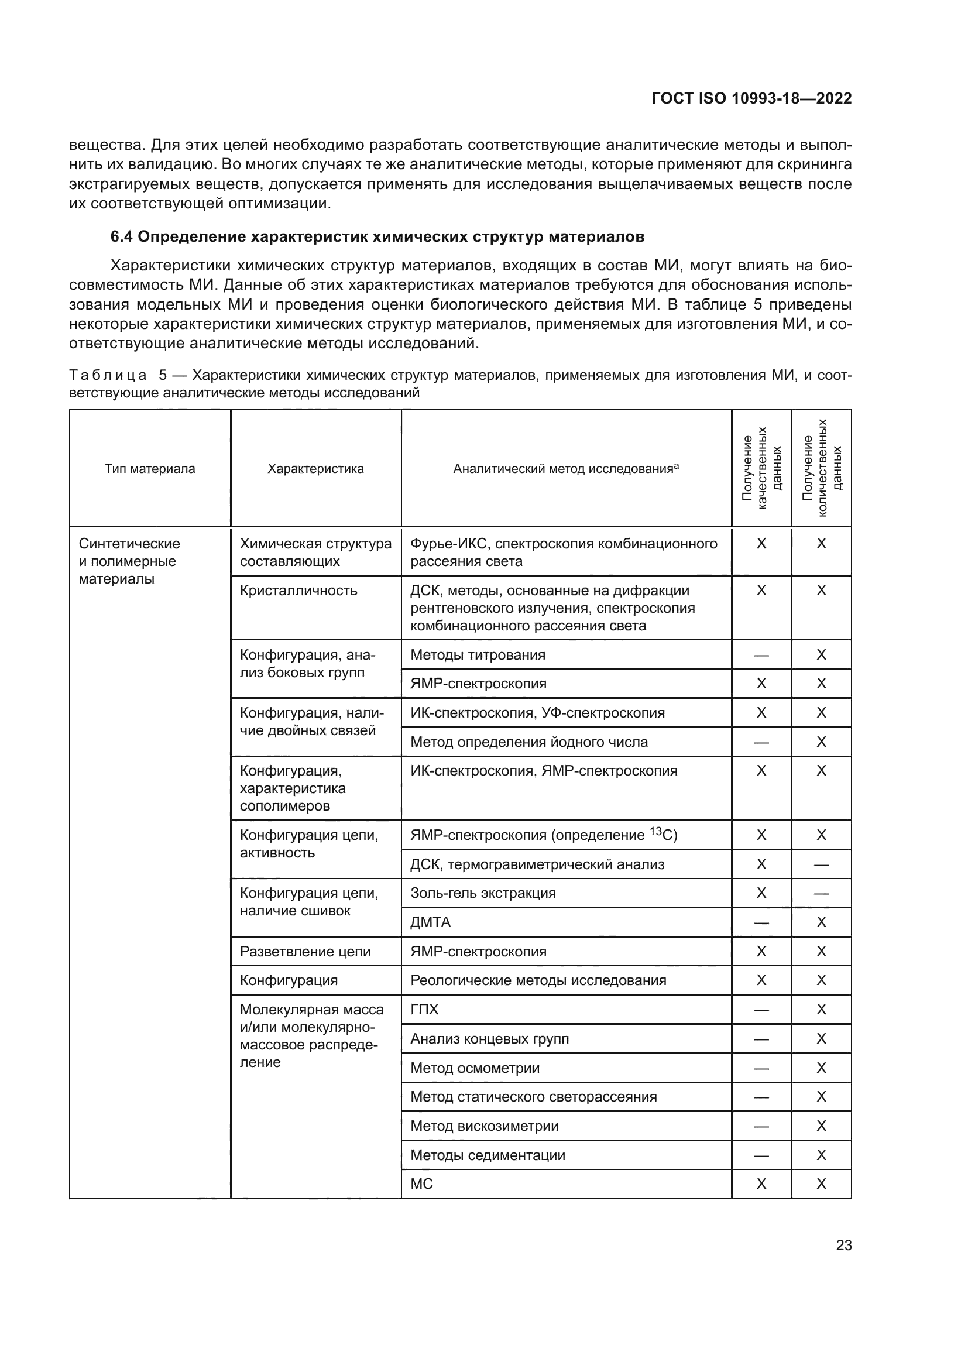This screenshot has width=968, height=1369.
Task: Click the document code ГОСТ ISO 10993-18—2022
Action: (751, 98)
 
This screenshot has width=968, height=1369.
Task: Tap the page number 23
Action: (843, 1246)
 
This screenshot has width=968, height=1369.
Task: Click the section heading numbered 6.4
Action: (377, 236)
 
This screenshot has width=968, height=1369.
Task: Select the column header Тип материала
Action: (150, 469)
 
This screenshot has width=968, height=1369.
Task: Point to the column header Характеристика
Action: (315, 469)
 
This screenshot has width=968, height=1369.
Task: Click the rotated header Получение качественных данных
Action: (761, 469)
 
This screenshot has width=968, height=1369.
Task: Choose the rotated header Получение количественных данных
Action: (821, 469)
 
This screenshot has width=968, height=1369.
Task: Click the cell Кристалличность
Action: (298, 591)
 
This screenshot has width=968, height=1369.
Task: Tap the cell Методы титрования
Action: (478, 655)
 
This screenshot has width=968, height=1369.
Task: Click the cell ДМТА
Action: (430, 922)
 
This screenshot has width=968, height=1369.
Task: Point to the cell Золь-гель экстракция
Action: (483, 893)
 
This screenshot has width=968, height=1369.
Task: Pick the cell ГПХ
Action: (424, 1010)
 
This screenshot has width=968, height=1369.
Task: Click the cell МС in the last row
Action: (421, 1183)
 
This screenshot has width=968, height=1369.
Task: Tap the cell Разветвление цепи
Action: (304, 952)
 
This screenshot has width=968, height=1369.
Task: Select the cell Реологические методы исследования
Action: (538, 980)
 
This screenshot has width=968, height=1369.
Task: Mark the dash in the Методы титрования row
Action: (761, 656)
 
